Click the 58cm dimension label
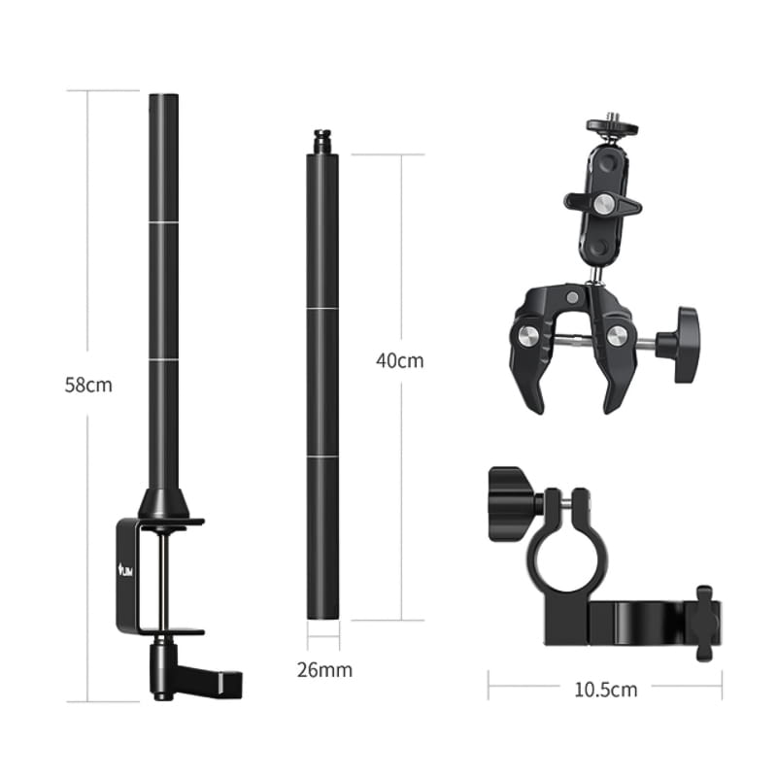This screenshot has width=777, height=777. [88, 385]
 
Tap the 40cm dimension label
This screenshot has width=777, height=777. [400, 360]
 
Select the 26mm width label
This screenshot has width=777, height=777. [324, 670]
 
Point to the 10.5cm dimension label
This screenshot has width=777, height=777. [605, 690]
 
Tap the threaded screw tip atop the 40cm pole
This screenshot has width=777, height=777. [322, 142]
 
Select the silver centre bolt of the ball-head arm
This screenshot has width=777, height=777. [604, 203]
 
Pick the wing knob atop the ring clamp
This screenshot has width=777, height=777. [511, 504]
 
